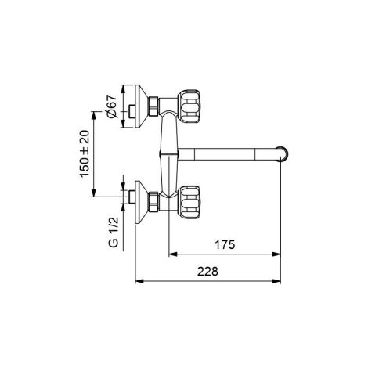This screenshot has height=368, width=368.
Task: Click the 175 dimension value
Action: coord(225,245)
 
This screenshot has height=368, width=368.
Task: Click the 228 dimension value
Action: coord(207,272)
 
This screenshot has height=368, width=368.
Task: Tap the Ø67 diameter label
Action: coord(111,106)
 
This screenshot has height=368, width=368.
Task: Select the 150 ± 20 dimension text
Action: coord(85,153)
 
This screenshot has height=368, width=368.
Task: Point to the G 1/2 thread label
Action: coord(114,233)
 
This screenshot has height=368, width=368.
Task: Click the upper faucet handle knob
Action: coord(189,106)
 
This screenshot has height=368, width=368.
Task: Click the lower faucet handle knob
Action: coord(189,202)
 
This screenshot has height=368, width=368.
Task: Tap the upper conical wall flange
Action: coord(142,106)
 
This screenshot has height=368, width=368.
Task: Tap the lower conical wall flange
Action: coord(142,202)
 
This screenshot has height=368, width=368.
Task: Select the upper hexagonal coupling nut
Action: coord(153,106)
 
